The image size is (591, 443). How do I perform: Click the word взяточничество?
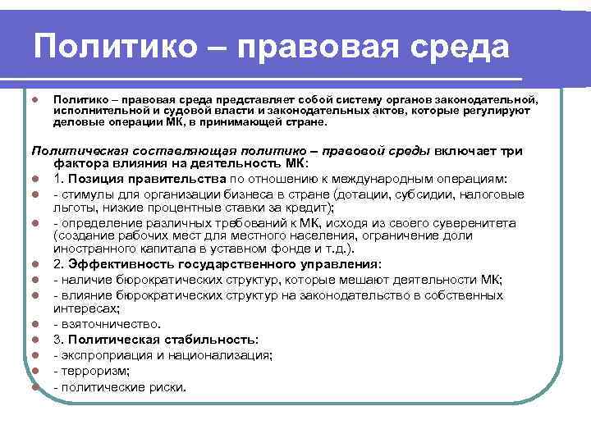103,325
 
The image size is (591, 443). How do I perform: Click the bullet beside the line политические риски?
38,386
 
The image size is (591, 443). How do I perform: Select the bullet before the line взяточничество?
38,325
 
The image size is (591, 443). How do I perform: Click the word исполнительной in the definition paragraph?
93,110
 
